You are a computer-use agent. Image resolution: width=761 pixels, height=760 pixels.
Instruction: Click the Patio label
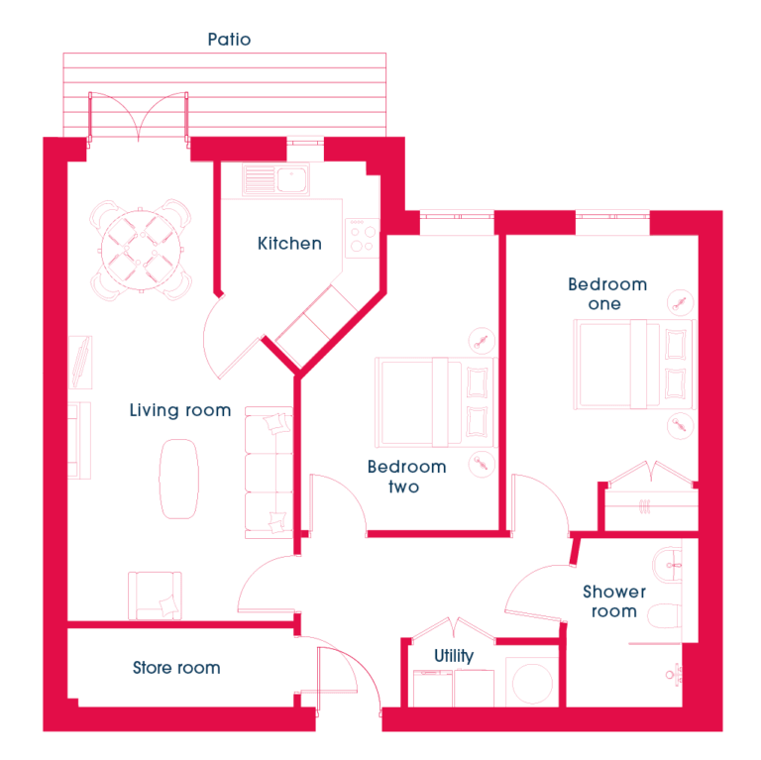pyautogui.click(x=229, y=40)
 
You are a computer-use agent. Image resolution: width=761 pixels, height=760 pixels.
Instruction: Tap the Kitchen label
pyautogui.click(x=289, y=243)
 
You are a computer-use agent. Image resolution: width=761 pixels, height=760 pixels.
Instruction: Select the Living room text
pyautogui.click(x=180, y=410)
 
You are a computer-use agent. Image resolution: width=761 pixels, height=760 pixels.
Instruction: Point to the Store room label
pyautogui.click(x=176, y=668)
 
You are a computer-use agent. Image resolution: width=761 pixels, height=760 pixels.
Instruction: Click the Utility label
pyautogui.click(x=454, y=656)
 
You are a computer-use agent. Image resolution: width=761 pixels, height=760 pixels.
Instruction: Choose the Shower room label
pyautogui.click(x=614, y=601)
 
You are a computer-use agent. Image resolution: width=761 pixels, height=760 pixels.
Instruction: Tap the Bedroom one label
pyautogui.click(x=607, y=293)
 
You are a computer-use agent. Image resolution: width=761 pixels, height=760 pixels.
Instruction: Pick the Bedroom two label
pyautogui.click(x=406, y=477)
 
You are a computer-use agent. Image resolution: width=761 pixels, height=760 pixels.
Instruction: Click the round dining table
pyautogui.click(x=141, y=250)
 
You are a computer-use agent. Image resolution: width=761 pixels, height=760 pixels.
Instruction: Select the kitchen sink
pyautogui.click(x=275, y=180)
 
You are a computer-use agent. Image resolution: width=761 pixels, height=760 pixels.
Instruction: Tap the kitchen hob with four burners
pyautogui.click(x=362, y=238)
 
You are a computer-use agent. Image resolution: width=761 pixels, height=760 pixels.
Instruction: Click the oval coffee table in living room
pyautogui.click(x=178, y=479)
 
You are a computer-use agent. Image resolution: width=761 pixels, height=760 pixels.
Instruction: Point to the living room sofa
pyautogui.click(x=269, y=473)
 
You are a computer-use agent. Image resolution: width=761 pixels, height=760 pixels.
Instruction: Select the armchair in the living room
pyautogui.click(x=155, y=596)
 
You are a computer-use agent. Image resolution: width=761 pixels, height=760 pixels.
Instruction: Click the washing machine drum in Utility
pyautogui.click(x=532, y=683)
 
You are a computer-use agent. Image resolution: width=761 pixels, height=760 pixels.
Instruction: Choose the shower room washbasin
pyautogui.click(x=667, y=566)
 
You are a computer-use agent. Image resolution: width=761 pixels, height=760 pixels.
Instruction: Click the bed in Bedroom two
pyautogui.click(x=435, y=402)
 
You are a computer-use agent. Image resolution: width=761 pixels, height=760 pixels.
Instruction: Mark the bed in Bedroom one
pyautogui.click(x=635, y=364)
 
